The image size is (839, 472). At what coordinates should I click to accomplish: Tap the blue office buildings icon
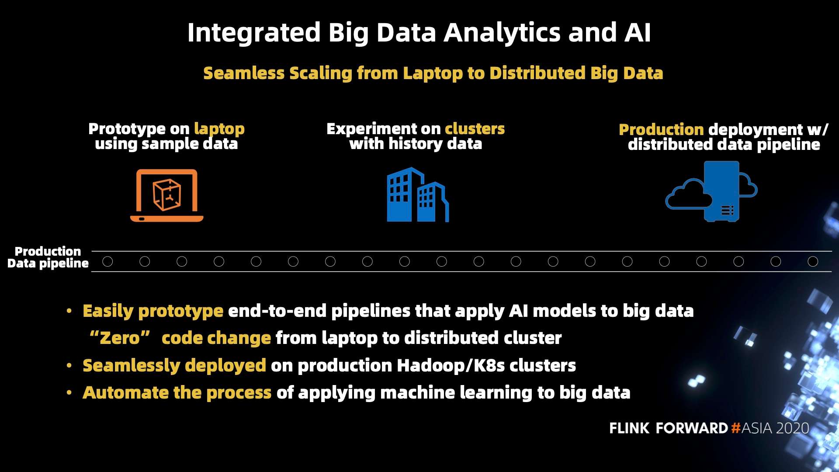pyautogui.click(x=418, y=194)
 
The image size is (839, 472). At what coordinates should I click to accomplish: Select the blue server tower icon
pyautogui.click(x=721, y=191)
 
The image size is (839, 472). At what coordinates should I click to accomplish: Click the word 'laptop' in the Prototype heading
pyautogui.click(x=219, y=129)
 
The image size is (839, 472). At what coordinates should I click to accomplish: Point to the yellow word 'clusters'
pyautogui.click(x=475, y=129)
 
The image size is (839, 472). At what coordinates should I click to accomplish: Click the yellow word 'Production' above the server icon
pyautogui.click(x=661, y=130)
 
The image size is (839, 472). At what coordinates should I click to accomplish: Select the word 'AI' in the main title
pyautogui.click(x=638, y=33)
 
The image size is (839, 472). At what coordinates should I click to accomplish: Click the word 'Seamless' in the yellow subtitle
pyautogui.click(x=244, y=73)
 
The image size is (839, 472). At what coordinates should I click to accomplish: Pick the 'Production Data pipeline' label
pyautogui.click(x=48, y=257)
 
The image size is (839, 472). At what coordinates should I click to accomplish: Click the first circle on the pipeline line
pyautogui.click(x=107, y=261)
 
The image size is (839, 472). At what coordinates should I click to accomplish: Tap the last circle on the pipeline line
pyautogui.click(x=813, y=261)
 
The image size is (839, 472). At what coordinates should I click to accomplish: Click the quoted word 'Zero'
pyautogui.click(x=120, y=338)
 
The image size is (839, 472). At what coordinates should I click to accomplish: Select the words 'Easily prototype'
pyautogui.click(x=153, y=311)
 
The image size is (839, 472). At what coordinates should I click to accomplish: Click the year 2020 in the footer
pyautogui.click(x=792, y=428)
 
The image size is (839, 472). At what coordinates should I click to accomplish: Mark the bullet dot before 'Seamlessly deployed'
pyautogui.click(x=69, y=365)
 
